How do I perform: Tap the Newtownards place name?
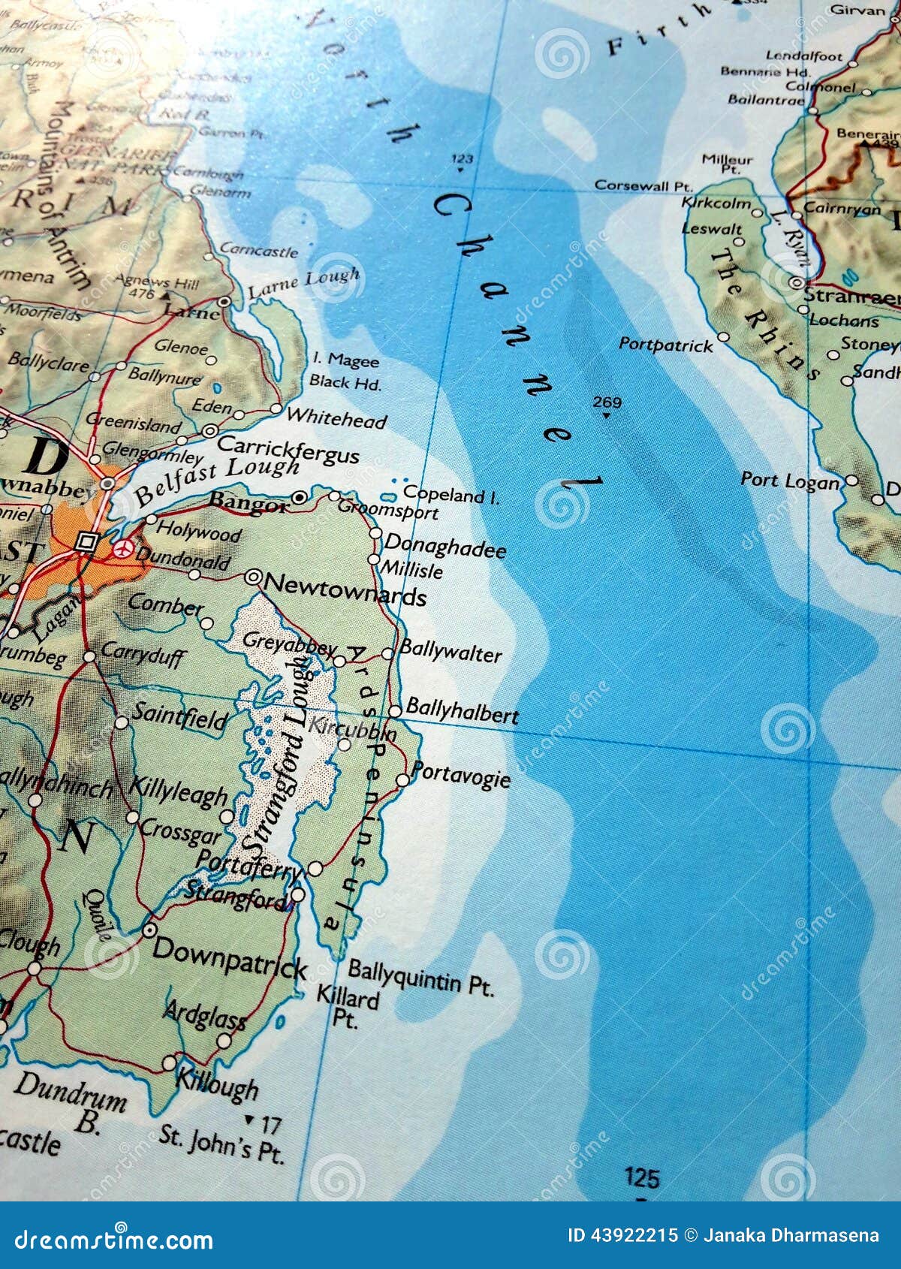(x=345, y=589)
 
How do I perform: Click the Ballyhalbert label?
(x=462, y=711)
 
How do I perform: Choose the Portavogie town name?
(x=460, y=775)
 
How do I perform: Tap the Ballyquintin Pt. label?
(x=420, y=978)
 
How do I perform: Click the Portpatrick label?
(x=665, y=345)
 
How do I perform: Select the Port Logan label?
(x=790, y=481)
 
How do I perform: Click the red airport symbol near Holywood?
(x=122, y=550)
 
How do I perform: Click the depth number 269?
(x=607, y=402)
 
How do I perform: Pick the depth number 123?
(x=463, y=158)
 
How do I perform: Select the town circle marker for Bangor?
(x=300, y=497)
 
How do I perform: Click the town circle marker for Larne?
(x=224, y=301)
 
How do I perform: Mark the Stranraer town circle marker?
(x=796, y=284)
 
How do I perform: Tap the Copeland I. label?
(x=450, y=496)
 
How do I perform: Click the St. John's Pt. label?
(x=222, y=1145)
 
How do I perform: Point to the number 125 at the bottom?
(x=641, y=1177)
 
